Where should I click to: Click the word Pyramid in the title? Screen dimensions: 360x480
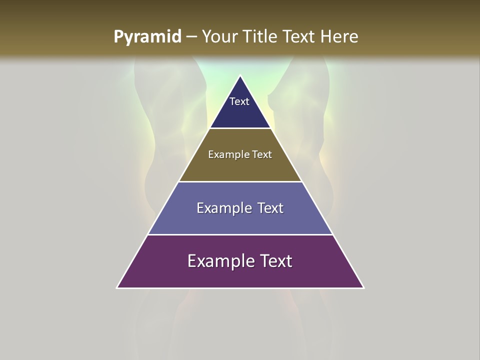click(147, 37)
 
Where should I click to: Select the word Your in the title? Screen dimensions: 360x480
click(218, 36)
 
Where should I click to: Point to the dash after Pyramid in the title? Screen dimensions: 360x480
click(191, 37)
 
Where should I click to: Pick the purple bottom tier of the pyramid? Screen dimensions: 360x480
click(240, 275)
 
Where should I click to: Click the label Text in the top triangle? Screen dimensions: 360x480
click(239, 101)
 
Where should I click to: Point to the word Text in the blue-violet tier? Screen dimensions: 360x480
click(270, 208)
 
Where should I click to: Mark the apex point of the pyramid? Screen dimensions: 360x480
click(240, 76)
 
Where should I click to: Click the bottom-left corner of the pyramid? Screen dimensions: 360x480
click(117, 287)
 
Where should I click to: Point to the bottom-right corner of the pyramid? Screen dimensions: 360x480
click(363, 287)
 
